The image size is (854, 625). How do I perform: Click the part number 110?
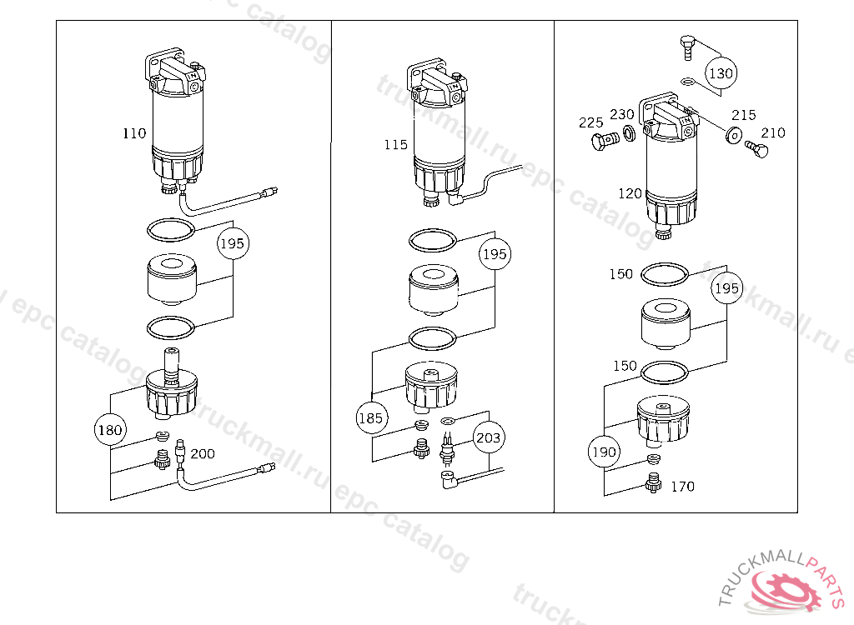(x=134, y=133)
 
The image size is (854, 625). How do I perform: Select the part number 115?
(x=396, y=145)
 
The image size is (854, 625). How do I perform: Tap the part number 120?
(x=630, y=194)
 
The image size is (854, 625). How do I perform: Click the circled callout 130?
(x=721, y=73)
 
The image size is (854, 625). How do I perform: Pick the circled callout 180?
(x=110, y=431)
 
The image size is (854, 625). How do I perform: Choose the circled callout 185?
(x=371, y=418)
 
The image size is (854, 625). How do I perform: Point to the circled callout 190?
(x=603, y=452)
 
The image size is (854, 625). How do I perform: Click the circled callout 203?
(x=490, y=437)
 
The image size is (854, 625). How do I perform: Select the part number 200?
(x=202, y=454)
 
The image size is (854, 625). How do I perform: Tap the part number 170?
(x=682, y=487)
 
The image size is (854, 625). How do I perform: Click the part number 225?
(x=590, y=123)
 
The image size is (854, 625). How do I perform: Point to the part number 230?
(x=621, y=115)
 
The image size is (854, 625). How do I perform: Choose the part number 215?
(x=744, y=115)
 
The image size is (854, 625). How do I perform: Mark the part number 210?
(x=772, y=132)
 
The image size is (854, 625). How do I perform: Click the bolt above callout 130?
(x=686, y=47)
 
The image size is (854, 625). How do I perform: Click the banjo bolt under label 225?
(x=602, y=142)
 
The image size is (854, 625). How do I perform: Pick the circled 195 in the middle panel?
(x=495, y=254)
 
